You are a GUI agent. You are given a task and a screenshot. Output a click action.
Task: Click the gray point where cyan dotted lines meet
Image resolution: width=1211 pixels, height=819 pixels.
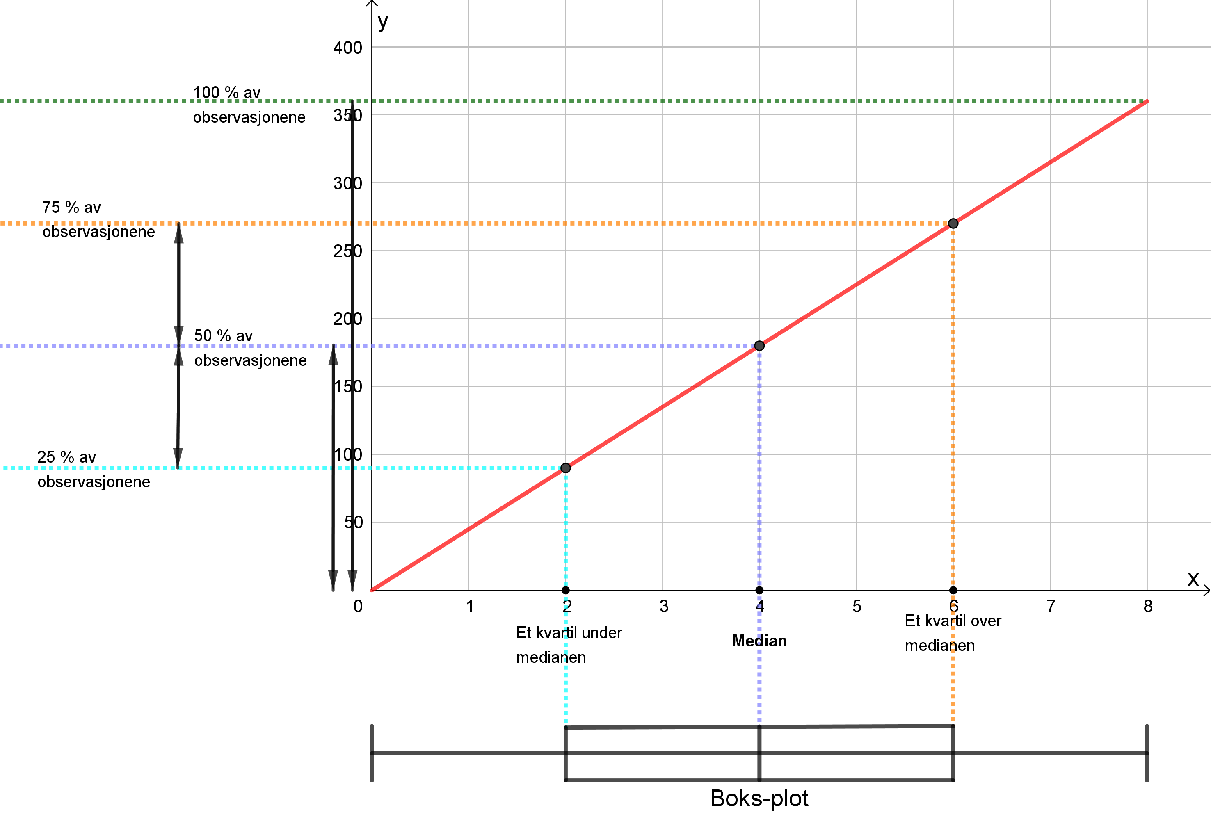click(x=565, y=468)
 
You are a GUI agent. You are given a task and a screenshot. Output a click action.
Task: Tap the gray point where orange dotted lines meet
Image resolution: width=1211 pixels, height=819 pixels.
click(x=953, y=224)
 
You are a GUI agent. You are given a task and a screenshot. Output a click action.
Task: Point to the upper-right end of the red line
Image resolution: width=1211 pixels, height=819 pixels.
click(x=1147, y=101)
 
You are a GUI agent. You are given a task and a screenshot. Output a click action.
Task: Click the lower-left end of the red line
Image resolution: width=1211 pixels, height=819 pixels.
click(x=372, y=590)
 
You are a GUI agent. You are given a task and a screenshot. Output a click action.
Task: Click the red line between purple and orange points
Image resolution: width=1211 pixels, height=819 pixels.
click(x=856, y=285)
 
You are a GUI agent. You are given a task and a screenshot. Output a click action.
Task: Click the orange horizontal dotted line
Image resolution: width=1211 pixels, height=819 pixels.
click(x=260, y=224)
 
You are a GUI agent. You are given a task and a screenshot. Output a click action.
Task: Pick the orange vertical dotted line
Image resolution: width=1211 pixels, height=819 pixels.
click(x=953, y=417)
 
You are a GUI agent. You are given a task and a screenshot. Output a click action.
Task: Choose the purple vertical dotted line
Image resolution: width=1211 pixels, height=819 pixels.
click(x=759, y=469)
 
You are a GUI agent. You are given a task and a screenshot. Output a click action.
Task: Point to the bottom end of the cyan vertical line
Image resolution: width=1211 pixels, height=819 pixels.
click(x=565, y=723)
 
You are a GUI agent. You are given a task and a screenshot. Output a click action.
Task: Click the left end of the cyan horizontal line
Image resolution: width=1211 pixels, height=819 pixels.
click(x=4, y=468)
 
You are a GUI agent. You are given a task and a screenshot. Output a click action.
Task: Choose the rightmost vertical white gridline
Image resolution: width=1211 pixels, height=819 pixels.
click(x=1147, y=365)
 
